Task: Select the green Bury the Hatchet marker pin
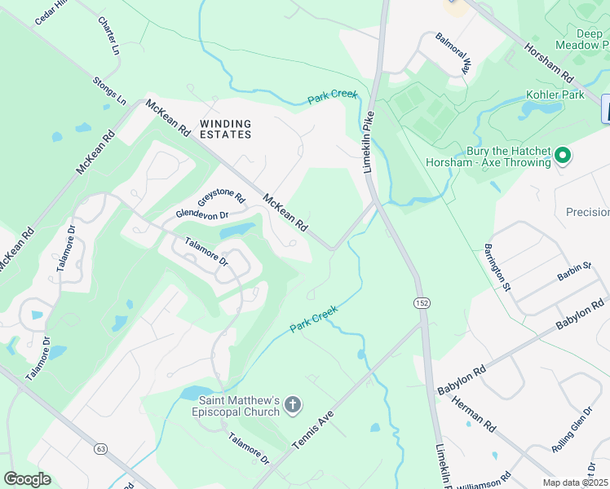point(562,155)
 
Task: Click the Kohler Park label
point(562,95)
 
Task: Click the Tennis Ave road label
point(313,430)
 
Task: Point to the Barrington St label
point(496,267)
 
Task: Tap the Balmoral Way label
point(453,54)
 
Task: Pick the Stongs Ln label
point(109,91)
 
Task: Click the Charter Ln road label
point(108,36)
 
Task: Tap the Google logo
point(27,479)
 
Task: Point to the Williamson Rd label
point(484,480)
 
